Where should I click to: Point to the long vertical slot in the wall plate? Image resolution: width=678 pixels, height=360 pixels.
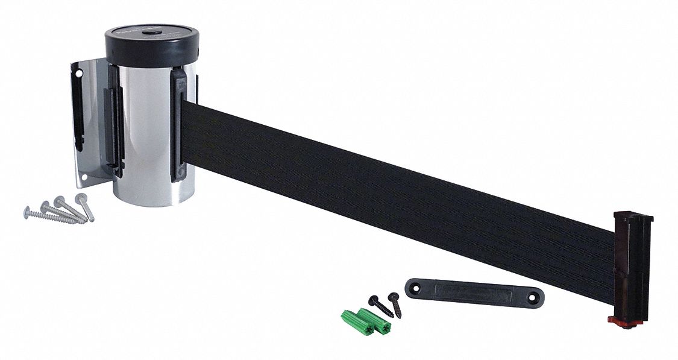pyautogui.click(x=78, y=109)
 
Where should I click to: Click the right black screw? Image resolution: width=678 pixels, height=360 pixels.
pyautogui.click(x=395, y=304)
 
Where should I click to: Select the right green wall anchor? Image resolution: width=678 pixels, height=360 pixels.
pyautogui.click(x=374, y=321)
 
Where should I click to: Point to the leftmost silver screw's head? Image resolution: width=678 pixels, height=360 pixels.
pyautogui.click(x=28, y=212)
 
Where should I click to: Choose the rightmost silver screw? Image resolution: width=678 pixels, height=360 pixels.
pyautogui.click(x=85, y=206)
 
